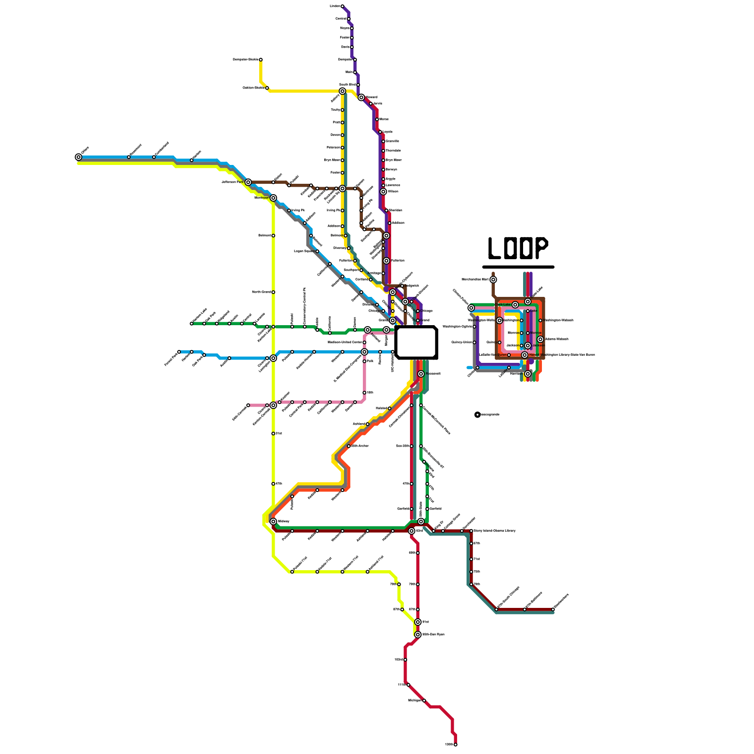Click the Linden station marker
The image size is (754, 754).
coord(343,6)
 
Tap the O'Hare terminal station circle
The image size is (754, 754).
coord(78,157)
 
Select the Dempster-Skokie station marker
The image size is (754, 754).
coord(261,60)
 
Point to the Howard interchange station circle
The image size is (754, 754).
coord(361,98)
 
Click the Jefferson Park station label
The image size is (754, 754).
coord(232,182)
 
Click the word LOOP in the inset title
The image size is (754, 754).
coord(518,248)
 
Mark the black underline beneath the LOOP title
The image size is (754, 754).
coord(518,267)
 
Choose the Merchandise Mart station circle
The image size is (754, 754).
coord(493,279)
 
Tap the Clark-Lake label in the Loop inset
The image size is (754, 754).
coord(502,304)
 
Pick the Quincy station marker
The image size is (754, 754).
coord(500,343)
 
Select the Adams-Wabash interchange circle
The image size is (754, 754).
coord(541,339)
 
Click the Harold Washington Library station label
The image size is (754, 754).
coord(561,355)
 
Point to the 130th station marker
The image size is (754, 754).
coord(455,745)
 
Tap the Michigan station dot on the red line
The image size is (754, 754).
coord(424,701)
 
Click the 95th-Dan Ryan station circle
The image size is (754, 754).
coord(418,635)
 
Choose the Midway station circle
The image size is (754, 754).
coord(273,521)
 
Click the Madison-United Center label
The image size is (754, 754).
coord(344,342)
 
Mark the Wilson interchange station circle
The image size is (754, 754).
coord(383,192)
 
